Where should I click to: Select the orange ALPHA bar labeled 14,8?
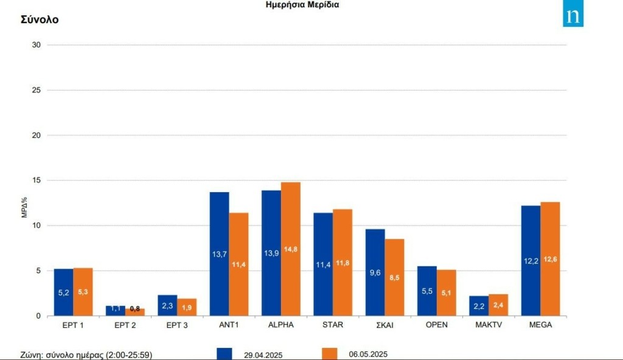(290, 249)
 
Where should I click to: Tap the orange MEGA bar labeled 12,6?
(550, 258)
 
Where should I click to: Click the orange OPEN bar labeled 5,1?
(446, 292)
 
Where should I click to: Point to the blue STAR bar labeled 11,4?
(323, 264)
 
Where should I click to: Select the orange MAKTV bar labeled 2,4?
(498, 305)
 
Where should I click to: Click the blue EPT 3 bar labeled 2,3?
(167, 305)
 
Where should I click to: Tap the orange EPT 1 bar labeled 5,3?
(83, 291)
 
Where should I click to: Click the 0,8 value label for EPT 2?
(135, 309)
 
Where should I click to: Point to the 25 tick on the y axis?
(36, 90)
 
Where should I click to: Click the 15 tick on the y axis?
(36, 181)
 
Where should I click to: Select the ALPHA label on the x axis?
(280, 325)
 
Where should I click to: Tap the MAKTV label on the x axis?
(488, 325)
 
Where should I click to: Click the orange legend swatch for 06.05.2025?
(329, 354)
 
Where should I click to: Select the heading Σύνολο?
(40, 19)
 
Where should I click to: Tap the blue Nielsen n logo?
(573, 16)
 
